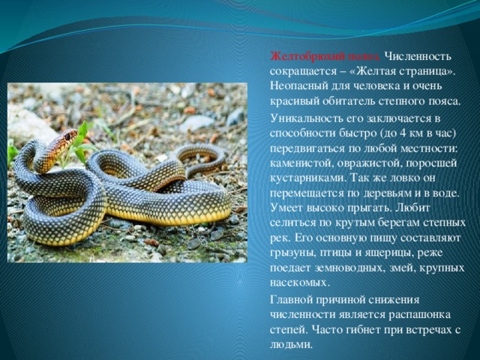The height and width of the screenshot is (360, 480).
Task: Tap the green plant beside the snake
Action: (78, 145)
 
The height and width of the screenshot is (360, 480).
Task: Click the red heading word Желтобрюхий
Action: (308, 57)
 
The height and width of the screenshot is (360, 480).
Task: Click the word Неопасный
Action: (299, 86)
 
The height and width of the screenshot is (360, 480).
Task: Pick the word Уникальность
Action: (306, 118)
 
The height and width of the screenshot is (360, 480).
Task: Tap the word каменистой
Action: (301, 163)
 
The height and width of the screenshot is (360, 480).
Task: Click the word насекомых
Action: (299, 283)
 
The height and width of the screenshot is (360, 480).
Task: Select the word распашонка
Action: (420, 315)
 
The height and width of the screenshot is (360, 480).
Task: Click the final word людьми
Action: (291, 345)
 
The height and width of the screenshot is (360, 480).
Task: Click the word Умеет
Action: (286, 208)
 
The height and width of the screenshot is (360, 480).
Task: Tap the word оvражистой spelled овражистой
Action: (368, 163)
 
